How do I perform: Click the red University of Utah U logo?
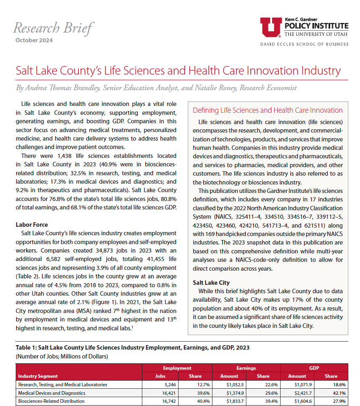(271, 27)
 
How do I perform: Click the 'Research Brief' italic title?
(53, 28)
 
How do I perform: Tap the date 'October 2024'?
(34, 40)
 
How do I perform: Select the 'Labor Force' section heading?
(32, 224)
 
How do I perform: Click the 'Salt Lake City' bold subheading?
(211, 283)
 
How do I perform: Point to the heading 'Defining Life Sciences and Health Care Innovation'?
(268, 110)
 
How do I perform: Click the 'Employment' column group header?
(177, 368)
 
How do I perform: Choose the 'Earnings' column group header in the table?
(246, 368)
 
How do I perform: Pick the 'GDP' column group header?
(314, 368)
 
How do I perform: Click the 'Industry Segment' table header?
(38, 376)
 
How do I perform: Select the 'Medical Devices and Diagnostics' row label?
(52, 393)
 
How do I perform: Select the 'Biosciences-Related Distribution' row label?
(51, 401)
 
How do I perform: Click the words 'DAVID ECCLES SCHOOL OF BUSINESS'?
(304, 44)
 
